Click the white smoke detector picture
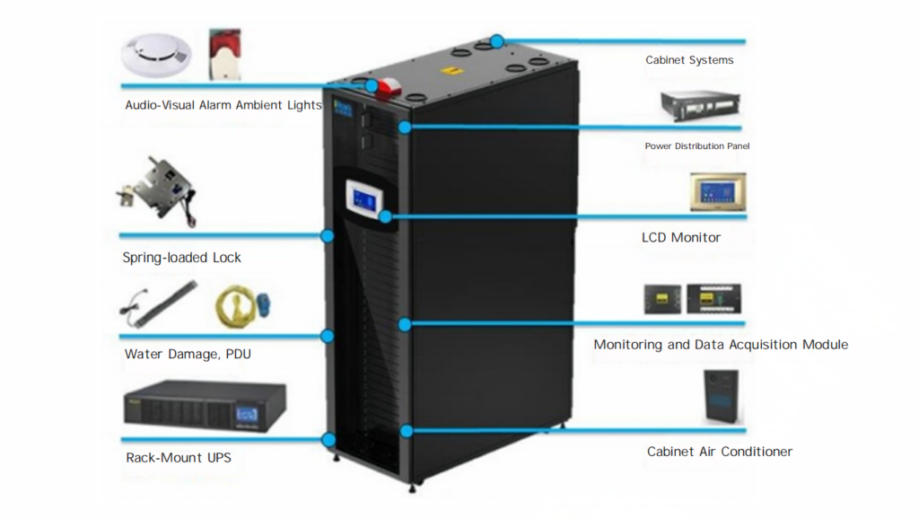(156, 55)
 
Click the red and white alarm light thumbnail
(225, 54)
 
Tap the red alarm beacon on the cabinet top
(388, 88)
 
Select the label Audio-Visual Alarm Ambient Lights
(223, 105)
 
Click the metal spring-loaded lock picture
(157, 190)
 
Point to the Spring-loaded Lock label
(181, 258)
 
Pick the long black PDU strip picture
(159, 303)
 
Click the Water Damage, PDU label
(188, 354)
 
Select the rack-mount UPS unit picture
(205, 406)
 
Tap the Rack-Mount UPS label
(179, 457)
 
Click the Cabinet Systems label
(689, 60)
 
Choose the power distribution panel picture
(700, 106)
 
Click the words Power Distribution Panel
(696, 146)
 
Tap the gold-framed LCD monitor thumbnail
(718, 192)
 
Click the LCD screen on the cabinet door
(364, 200)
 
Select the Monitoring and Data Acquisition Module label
(721, 344)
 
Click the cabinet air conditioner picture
(722, 396)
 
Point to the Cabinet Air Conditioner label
(720, 452)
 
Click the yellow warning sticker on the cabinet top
(452, 71)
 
